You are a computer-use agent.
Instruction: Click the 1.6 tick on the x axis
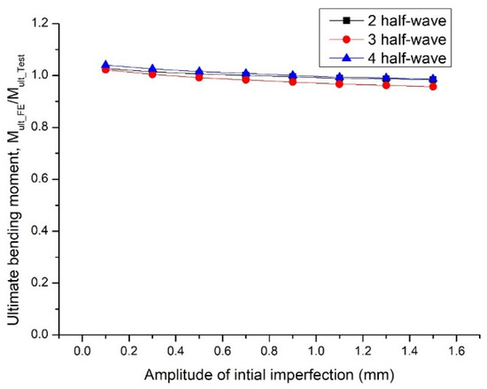[x=457, y=349]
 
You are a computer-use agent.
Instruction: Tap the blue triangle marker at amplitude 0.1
[x=105, y=65]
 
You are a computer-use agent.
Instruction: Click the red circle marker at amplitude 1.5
[x=433, y=86]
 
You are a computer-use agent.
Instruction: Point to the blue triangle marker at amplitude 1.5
[x=433, y=79]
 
